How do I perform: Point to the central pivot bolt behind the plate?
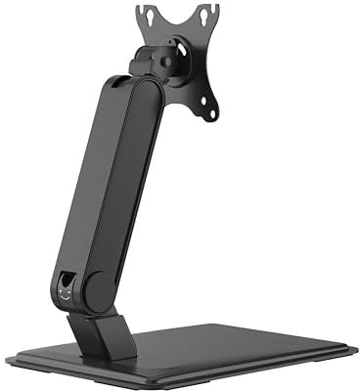point(170,60)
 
